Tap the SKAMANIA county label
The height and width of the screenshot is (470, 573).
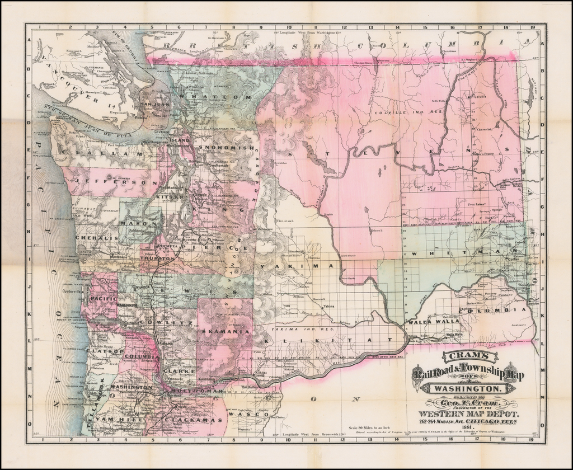point(222,331)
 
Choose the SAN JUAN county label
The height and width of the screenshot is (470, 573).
point(155,104)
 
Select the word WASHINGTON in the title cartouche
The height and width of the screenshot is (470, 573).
point(466,388)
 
